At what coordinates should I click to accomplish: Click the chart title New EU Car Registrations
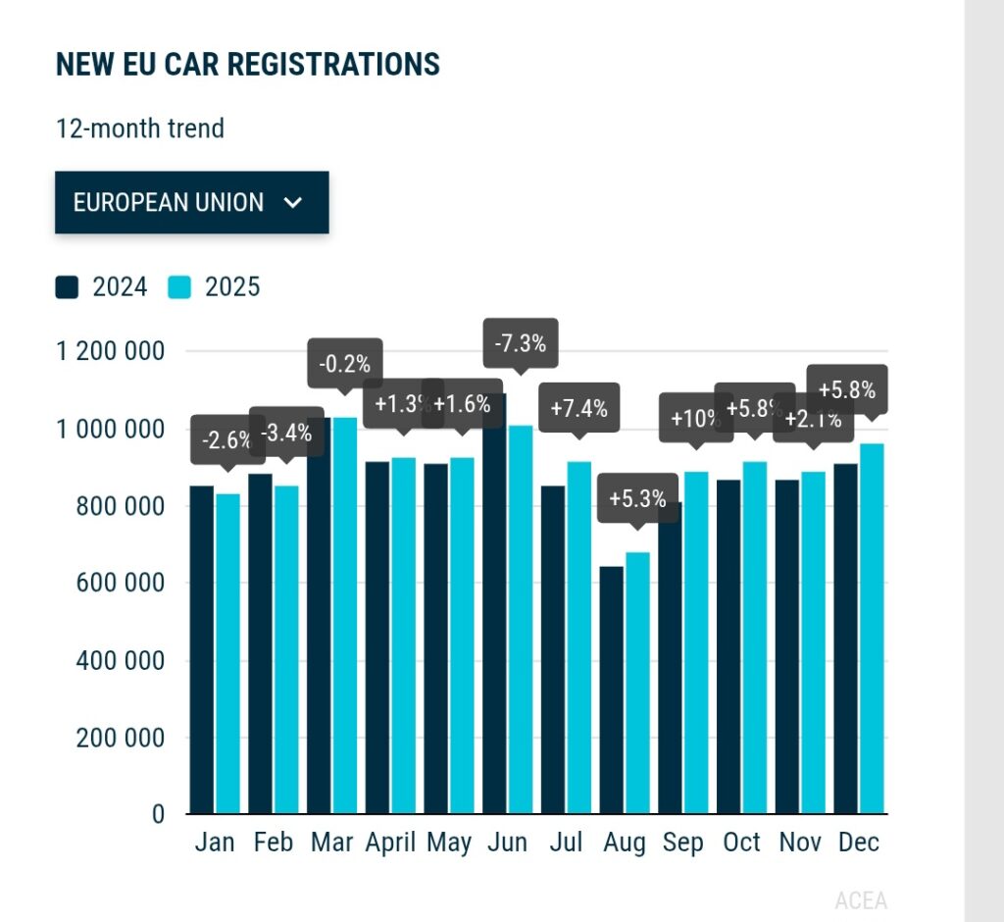pos(248,65)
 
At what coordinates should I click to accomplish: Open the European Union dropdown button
pos(191,203)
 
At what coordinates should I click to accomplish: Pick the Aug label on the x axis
pos(625,843)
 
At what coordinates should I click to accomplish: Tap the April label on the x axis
pos(390,843)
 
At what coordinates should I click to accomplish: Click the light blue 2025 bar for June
pos(520,619)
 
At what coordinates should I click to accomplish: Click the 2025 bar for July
pos(578,638)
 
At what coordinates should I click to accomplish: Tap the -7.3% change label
pos(521,344)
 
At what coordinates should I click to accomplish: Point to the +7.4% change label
pos(578,408)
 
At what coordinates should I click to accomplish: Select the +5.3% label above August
pos(637,498)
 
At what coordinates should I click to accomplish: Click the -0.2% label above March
pos(344,365)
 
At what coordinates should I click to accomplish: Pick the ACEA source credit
pos(860,900)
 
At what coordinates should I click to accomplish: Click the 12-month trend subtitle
pos(140,128)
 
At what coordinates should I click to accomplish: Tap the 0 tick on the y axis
pos(158,814)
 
